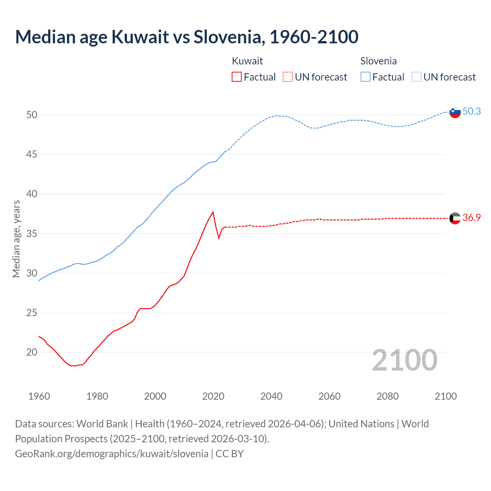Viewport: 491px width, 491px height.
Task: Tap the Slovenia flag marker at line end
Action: [x=455, y=112]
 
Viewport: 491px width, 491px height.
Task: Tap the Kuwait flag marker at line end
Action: [x=455, y=218]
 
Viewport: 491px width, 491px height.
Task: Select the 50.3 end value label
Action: [x=471, y=111]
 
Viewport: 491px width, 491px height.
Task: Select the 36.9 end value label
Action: [x=471, y=217]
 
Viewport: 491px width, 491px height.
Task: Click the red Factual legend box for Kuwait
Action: [x=237, y=77]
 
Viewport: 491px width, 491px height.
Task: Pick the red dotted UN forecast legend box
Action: [x=288, y=77]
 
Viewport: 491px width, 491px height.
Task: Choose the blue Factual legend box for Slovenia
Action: [x=366, y=77]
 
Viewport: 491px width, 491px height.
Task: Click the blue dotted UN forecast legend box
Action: [x=417, y=77]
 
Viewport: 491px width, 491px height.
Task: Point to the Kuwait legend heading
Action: [x=247, y=61]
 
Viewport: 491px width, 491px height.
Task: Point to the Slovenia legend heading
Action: [x=378, y=61]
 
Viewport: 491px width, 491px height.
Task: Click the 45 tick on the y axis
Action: [x=32, y=155]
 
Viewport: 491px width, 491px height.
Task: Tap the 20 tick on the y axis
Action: [x=32, y=352]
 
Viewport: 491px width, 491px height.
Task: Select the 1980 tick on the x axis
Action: [x=97, y=396]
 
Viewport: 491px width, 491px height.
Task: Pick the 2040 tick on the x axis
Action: [x=271, y=396]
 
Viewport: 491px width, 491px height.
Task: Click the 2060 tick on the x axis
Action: [x=330, y=396]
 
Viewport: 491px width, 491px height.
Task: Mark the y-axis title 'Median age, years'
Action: [x=16, y=239]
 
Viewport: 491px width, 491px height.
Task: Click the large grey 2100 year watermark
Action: [x=404, y=360]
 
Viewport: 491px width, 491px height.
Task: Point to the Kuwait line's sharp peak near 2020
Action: [x=213, y=212]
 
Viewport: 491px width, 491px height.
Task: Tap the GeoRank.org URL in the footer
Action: [x=112, y=454]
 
